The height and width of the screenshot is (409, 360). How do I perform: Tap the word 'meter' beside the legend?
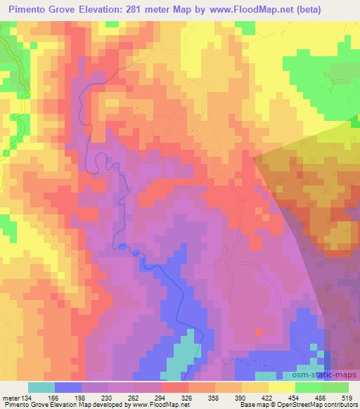coord(11,397)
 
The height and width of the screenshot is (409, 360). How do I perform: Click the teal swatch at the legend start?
coord(41,387)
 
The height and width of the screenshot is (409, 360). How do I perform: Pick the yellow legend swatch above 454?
coord(281,387)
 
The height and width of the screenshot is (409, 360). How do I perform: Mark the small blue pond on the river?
coord(124,246)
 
